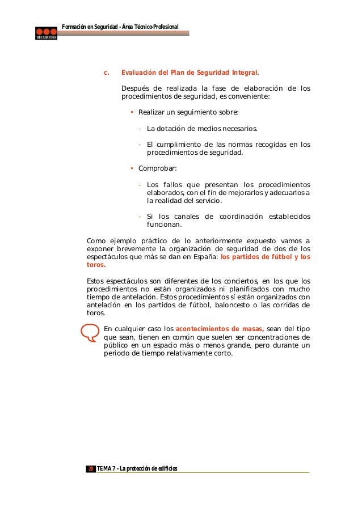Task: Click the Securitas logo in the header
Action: click(x=46, y=33)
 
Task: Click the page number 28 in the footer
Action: click(x=91, y=468)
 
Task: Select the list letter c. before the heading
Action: click(x=106, y=73)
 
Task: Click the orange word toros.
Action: click(x=95, y=265)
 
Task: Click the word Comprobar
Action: click(x=158, y=168)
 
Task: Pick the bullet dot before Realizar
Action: click(x=132, y=111)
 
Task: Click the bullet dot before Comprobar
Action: click(x=132, y=168)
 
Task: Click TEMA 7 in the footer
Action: click(x=107, y=468)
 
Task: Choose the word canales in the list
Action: click(x=185, y=217)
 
